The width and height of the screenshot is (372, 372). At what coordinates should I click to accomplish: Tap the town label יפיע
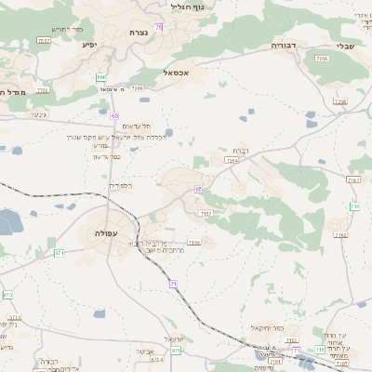[x=89, y=44]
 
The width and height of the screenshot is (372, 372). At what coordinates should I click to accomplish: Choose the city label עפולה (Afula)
[x=105, y=233]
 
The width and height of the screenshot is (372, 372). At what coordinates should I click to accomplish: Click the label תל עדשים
[x=137, y=126]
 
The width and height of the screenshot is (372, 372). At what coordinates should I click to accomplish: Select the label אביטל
[x=144, y=351]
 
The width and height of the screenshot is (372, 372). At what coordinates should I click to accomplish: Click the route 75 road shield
[x=159, y=27]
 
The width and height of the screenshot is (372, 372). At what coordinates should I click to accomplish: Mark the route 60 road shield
[x=113, y=115]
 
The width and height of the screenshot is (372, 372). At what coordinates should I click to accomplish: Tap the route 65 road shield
[x=198, y=190]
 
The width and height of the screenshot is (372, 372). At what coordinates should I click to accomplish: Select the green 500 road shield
[x=100, y=77]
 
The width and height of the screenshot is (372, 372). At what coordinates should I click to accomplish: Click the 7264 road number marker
[x=231, y=160]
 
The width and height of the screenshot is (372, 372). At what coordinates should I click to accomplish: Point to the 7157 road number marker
[x=206, y=213]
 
